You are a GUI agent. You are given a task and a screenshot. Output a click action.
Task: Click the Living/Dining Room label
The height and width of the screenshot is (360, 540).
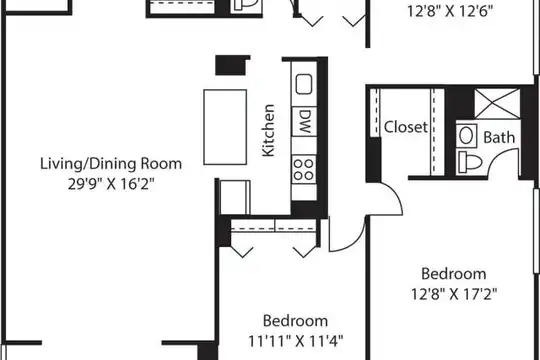[x=111, y=164]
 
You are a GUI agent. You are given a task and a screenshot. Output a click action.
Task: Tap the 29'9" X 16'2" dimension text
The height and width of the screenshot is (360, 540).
[x=111, y=184]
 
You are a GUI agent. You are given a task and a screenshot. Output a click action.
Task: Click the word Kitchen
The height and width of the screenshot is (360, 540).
[x=268, y=131]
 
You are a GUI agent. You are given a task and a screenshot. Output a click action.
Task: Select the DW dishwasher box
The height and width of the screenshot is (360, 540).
[x=304, y=121]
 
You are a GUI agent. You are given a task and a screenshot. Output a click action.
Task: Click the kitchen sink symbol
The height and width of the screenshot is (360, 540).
[x=304, y=84]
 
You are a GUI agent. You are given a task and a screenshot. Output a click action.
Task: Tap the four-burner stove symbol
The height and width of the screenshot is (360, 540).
[x=304, y=170]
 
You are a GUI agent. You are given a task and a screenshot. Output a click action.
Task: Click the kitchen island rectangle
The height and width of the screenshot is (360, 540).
[x=225, y=127]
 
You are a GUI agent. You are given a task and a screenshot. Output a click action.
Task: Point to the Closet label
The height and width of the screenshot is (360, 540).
[x=406, y=127]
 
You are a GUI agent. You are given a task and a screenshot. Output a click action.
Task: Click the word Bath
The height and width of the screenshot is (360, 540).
[x=499, y=137]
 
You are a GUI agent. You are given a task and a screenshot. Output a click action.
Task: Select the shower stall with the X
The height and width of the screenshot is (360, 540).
[x=497, y=104]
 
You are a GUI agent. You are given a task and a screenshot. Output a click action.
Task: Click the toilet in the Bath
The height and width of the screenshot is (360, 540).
[x=469, y=162]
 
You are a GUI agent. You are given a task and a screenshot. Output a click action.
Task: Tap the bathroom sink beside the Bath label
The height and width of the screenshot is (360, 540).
[x=467, y=135]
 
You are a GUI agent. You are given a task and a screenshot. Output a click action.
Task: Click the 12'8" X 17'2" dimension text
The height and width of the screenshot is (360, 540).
[x=454, y=294]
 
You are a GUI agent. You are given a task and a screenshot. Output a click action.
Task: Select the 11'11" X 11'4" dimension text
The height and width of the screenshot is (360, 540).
[x=296, y=341]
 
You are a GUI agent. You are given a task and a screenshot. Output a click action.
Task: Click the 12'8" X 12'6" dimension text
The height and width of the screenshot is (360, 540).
[x=450, y=11]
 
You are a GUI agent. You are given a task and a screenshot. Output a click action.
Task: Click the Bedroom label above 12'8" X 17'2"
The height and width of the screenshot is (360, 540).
[x=454, y=274]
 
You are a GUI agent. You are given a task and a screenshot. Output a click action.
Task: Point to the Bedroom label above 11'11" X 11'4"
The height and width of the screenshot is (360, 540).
[x=295, y=321]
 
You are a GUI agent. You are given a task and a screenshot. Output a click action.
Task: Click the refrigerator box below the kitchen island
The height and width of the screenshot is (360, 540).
[x=235, y=197]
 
